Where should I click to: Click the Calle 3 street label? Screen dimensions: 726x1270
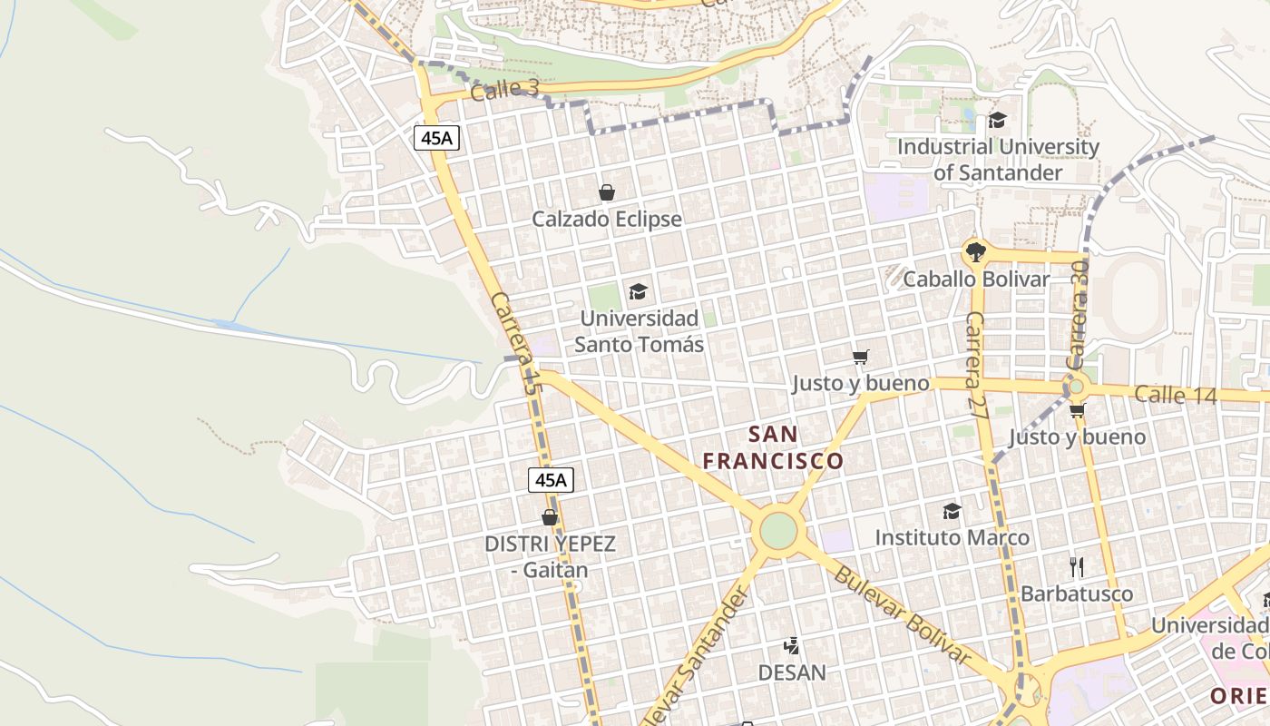[505, 89]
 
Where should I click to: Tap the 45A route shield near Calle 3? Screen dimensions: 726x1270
[437, 138]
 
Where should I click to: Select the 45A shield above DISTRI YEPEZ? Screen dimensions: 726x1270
[551, 480]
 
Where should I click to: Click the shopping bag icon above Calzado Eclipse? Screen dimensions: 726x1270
[607, 192]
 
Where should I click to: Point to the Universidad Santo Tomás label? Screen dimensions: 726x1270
[640, 331]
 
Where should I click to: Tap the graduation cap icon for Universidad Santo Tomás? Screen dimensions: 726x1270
[639, 291]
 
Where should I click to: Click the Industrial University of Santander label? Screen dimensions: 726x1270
[998, 159]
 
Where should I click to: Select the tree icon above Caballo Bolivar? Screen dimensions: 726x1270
[976, 251]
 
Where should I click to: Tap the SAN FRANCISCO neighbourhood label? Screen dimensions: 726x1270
[774, 447]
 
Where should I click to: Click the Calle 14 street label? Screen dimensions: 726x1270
[1173, 395]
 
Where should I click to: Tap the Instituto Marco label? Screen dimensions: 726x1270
[952, 537]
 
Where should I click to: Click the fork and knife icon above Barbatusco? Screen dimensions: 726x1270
[1077, 567]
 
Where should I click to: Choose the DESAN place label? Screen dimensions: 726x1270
[792, 672]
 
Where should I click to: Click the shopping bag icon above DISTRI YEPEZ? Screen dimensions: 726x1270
[549, 517]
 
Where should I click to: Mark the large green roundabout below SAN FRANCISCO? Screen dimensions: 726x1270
[778, 531]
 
